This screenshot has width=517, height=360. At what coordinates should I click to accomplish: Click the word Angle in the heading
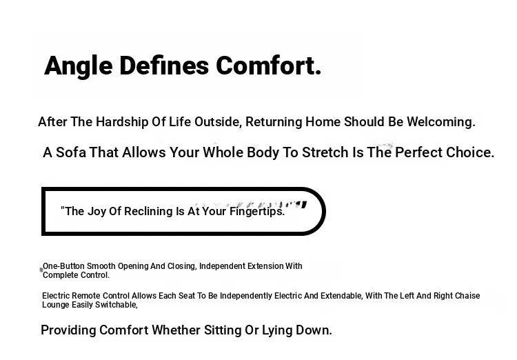click(x=79, y=66)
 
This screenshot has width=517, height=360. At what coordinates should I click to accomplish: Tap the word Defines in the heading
click(x=164, y=66)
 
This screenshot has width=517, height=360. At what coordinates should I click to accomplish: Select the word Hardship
click(x=122, y=122)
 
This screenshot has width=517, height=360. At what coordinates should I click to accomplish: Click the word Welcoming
click(x=441, y=122)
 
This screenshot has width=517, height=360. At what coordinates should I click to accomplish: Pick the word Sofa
click(x=71, y=152)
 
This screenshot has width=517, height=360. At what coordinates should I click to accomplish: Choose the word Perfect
click(x=418, y=152)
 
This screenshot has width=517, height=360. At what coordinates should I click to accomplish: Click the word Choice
click(x=470, y=152)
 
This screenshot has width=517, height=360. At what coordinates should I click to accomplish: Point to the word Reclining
click(x=148, y=212)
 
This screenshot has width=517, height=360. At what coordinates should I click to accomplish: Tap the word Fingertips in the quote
click(x=257, y=212)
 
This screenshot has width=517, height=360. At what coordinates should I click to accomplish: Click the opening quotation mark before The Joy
click(x=62, y=208)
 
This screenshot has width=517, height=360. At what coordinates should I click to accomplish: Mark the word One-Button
click(x=63, y=266)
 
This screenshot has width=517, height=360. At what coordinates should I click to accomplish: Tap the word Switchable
click(x=116, y=305)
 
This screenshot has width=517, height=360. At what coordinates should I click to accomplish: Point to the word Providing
click(x=68, y=330)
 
